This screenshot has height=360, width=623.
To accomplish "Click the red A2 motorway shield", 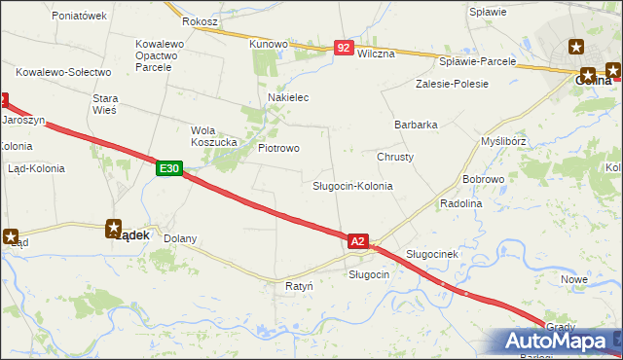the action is point(357,240).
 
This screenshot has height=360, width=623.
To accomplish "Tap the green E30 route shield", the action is point(168,169).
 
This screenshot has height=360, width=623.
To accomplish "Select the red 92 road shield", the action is point(343,47).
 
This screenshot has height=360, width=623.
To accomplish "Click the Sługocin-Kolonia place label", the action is point(352,186).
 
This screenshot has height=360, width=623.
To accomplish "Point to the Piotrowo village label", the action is point(278,148).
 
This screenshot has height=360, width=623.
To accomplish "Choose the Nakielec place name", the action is point(288,98).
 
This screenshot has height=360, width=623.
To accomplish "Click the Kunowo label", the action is point(269,44).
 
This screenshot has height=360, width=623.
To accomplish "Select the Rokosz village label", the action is point(200,20).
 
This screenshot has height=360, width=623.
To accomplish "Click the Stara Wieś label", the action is point(104,104).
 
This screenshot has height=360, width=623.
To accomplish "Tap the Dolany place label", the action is point(180,238).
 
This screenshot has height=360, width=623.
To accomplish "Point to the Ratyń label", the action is point(299,287).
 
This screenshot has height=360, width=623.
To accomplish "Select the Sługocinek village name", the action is point(431,254).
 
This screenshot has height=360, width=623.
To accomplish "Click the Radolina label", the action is point(461,203).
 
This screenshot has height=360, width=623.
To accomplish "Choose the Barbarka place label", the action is point(416,125).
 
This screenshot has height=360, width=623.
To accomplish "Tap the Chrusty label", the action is point(395,157).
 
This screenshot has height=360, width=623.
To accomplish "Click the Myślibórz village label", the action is point(504,141).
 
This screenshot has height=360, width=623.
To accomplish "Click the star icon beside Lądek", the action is point(115,227).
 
